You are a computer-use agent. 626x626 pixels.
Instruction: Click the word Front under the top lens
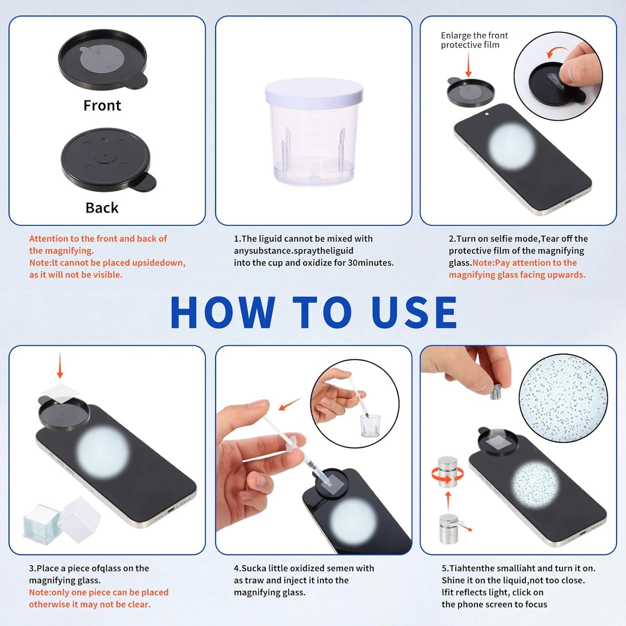coord(102,106)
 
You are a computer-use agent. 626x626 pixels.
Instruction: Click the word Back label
coord(102,208)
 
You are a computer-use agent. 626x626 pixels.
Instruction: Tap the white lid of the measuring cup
coord(314,91)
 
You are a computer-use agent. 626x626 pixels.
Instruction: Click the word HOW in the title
coord(223,313)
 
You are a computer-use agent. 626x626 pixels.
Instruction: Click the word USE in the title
coord(414,313)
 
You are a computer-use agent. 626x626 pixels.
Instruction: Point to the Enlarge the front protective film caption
coord(474,40)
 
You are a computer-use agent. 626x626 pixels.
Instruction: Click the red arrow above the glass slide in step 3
coord(60,365)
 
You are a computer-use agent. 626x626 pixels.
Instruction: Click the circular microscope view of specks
coord(563,398)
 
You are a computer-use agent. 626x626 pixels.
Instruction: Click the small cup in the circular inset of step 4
coord(370,426)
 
